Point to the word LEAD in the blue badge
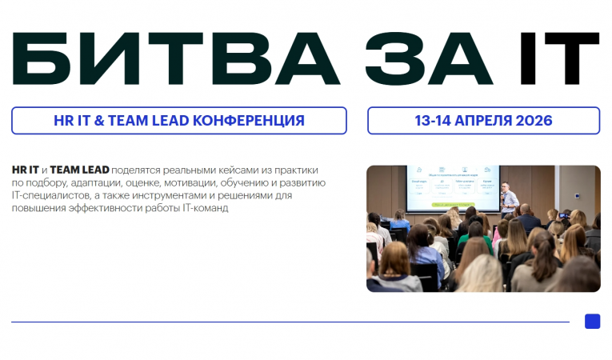172,121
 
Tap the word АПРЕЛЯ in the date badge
478,121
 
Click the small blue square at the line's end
592,321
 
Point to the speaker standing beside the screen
509,199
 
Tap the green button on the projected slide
454,206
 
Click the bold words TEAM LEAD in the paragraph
80,170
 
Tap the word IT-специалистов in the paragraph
50,195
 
